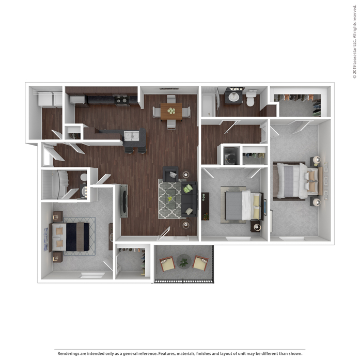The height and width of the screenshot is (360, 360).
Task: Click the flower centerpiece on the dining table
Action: tap(171, 111)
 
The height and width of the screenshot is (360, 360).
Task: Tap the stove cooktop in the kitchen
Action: tap(121, 100)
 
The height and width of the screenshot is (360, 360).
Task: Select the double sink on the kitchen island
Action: tap(131, 136)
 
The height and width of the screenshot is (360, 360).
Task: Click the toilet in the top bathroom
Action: tap(251, 98)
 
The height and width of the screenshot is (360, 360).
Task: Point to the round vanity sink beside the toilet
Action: tap(234, 97)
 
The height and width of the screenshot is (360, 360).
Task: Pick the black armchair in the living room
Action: tap(170, 174)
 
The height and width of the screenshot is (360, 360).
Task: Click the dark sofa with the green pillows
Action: tap(189, 199)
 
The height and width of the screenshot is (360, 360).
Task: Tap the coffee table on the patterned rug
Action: tap(170, 199)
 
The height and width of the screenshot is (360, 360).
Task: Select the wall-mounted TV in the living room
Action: tap(124, 201)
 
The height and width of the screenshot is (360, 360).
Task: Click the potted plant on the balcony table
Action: tap(184, 262)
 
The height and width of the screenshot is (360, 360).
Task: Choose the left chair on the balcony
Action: tap(167, 263)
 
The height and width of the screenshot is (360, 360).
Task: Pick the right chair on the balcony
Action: tap(200, 263)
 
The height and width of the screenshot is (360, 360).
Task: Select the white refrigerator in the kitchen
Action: tap(77, 99)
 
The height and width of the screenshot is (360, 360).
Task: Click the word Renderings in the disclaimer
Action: tap(69, 353)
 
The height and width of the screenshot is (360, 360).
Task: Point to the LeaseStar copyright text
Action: tap(354, 42)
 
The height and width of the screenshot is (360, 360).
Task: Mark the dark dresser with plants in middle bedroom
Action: tap(205, 207)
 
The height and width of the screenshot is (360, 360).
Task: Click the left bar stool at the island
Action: tap(129, 150)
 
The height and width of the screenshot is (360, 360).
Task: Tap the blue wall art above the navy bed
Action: tap(46, 239)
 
